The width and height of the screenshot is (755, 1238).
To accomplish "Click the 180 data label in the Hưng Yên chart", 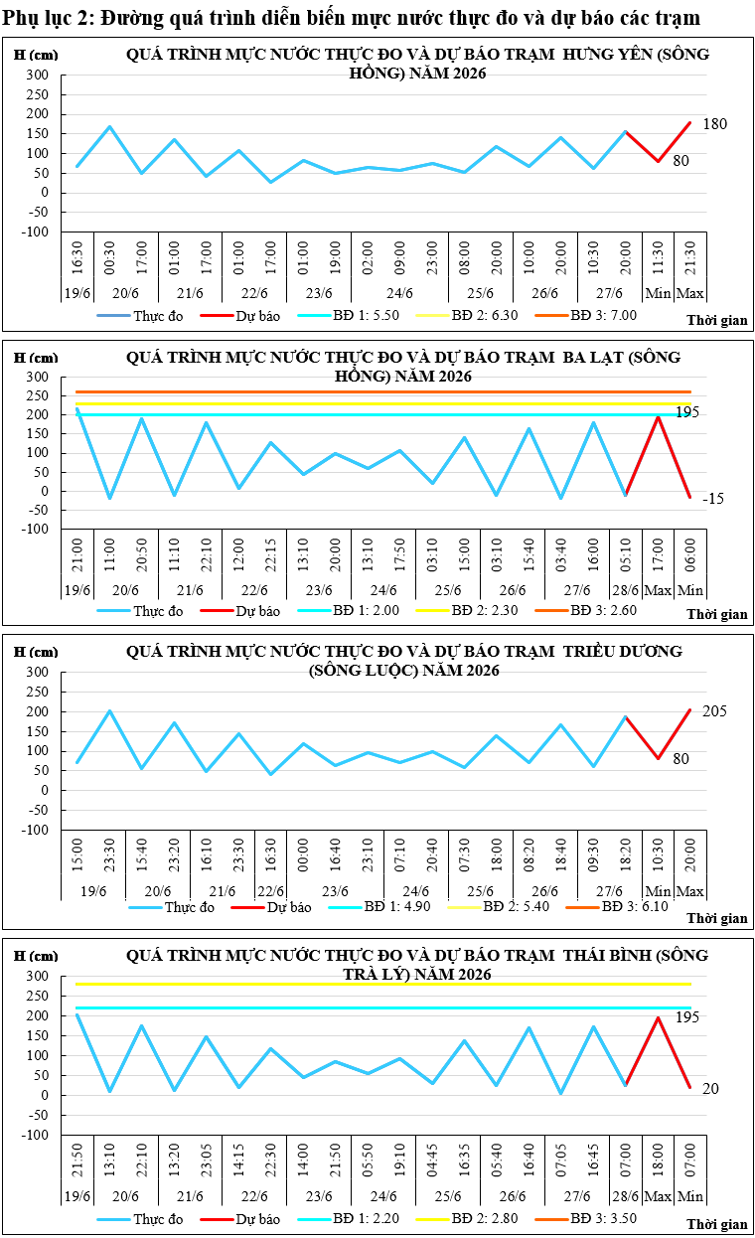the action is (714, 124).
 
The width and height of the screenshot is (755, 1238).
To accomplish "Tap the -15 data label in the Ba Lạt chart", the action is (713, 499).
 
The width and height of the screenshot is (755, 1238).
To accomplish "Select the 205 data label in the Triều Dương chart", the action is (714, 711).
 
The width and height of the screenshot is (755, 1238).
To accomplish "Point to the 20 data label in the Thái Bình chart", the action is (710, 1088).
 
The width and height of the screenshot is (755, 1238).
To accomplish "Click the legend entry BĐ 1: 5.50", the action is (349, 316).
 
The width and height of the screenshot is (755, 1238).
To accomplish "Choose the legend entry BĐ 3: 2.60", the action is (586, 610).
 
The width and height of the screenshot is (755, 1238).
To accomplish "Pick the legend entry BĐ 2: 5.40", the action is (499, 906).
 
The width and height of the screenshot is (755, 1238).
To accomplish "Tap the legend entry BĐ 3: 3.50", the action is (586, 1218).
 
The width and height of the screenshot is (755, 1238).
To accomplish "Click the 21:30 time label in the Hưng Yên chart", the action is (690, 257).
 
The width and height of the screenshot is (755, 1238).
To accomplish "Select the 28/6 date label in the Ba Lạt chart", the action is (626, 590).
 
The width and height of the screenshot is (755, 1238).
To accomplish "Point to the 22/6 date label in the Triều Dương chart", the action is (271, 891).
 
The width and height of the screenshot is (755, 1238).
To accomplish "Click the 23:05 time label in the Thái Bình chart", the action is (207, 1160).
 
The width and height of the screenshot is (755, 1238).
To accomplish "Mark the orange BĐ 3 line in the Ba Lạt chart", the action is (383, 391).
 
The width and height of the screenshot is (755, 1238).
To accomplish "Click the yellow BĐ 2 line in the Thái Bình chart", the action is (383, 984).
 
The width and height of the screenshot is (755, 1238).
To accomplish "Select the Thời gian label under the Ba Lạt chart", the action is (717, 615).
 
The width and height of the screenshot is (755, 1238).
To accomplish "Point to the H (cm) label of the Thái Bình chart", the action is (36, 955).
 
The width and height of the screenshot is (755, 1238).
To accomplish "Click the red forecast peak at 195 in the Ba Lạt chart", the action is (658, 416).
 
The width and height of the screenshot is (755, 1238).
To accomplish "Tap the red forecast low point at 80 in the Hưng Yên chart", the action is (659, 161).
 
